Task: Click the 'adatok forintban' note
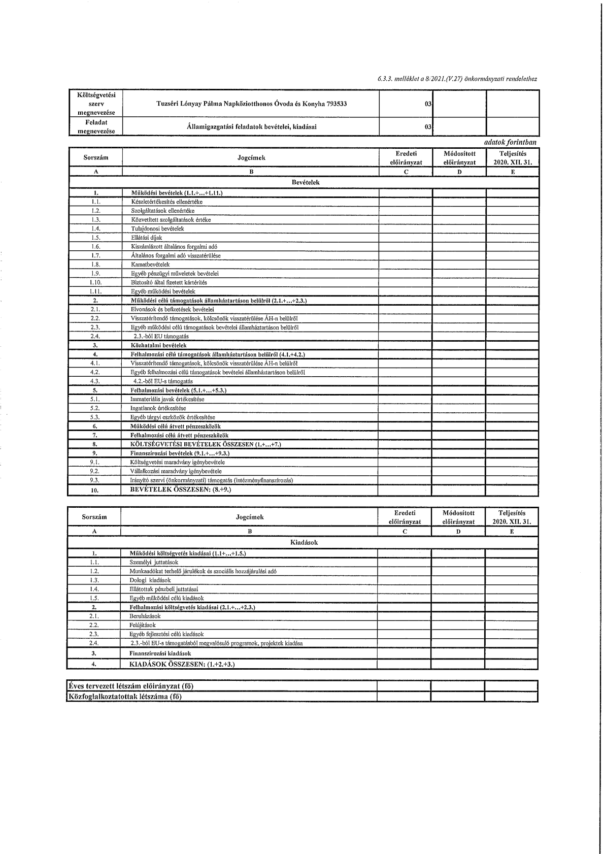(510, 143)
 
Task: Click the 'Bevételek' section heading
(306, 182)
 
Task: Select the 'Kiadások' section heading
(304, 542)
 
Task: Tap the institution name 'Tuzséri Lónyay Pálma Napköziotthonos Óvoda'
(252, 104)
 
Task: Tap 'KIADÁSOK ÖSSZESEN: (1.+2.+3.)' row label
(182, 664)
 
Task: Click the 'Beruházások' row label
(145, 616)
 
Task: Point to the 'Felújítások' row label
(143, 626)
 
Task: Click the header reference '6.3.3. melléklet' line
(457, 79)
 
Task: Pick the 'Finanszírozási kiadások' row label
(160, 653)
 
